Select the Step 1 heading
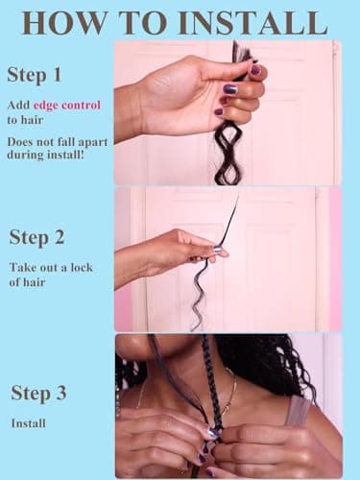point(36,75)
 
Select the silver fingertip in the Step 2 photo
point(219,250)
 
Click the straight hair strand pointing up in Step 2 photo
point(231,215)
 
